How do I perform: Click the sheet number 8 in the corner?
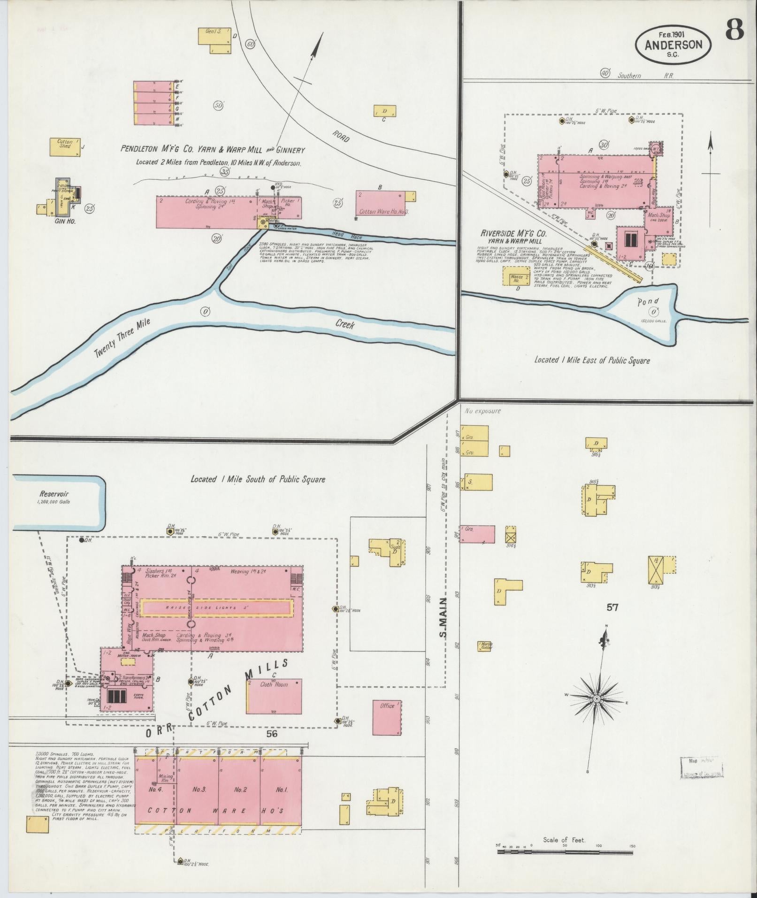pos(734,31)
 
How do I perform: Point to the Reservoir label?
pos(54,494)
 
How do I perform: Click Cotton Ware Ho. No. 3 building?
pos(384,205)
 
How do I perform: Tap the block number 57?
pos(612,607)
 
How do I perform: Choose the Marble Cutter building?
pos(486,646)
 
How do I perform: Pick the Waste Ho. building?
pos(516,277)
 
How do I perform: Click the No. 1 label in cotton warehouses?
pos(282,790)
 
